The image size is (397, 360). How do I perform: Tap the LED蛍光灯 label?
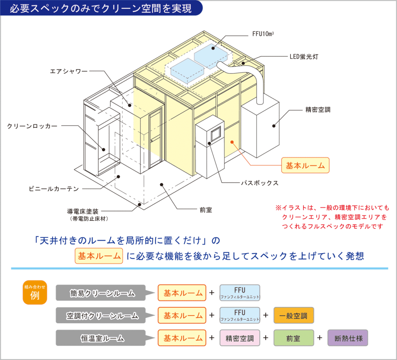click(x=304, y=57)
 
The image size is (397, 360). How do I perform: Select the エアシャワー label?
click(x=69, y=71)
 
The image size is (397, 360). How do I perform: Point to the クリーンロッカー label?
click(x=32, y=126)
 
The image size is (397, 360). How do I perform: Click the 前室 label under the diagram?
click(x=206, y=210)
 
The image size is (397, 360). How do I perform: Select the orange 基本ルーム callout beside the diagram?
click(x=305, y=166)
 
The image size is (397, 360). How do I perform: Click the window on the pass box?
click(x=216, y=134)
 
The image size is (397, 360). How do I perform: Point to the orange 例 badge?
click(x=35, y=292)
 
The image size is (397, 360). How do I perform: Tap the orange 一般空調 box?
click(x=294, y=316)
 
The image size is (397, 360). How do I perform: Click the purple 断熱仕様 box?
click(x=348, y=338)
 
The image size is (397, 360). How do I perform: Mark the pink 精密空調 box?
click(x=240, y=338)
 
